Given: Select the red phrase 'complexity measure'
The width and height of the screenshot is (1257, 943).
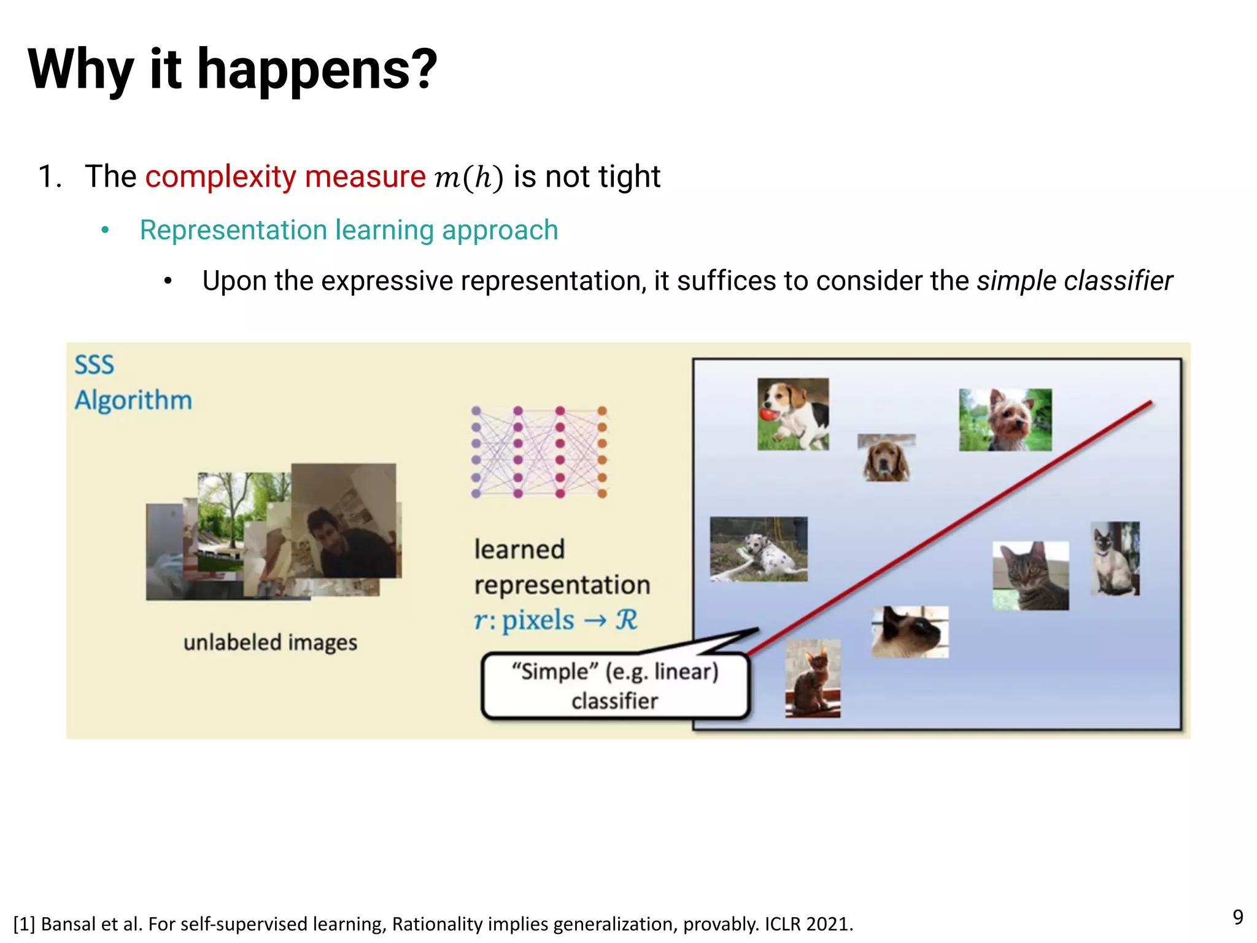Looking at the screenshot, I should pos(285,177).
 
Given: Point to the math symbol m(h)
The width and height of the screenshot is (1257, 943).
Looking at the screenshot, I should pos(468,178).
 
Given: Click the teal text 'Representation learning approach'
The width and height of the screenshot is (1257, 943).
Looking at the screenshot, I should pos(349,230).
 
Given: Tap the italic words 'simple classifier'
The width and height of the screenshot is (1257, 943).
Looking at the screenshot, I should pos(1074,281).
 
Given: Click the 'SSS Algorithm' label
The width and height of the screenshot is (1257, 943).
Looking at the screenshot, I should pos(133,382).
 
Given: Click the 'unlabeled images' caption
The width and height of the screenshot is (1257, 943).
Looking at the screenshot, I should pos(270,642).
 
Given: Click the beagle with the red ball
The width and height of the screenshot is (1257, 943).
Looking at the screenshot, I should pos(792,414).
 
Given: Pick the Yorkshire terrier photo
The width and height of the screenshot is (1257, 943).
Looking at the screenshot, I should pos(1005,420).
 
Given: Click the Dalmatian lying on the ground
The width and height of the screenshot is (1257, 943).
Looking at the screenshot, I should pos(759,549).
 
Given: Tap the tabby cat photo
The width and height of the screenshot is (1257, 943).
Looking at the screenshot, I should pos(1031,575).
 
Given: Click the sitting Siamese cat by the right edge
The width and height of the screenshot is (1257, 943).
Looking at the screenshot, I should pos(1115,559).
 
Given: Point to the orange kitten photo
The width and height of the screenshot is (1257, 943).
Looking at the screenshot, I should pos(813,678).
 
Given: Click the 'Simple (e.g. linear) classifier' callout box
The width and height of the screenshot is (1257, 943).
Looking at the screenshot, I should pos(615,686).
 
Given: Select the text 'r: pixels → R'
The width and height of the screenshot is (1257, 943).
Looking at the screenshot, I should pos(555,619).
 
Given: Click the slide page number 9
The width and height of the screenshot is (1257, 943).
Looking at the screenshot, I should pos(1237,917).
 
